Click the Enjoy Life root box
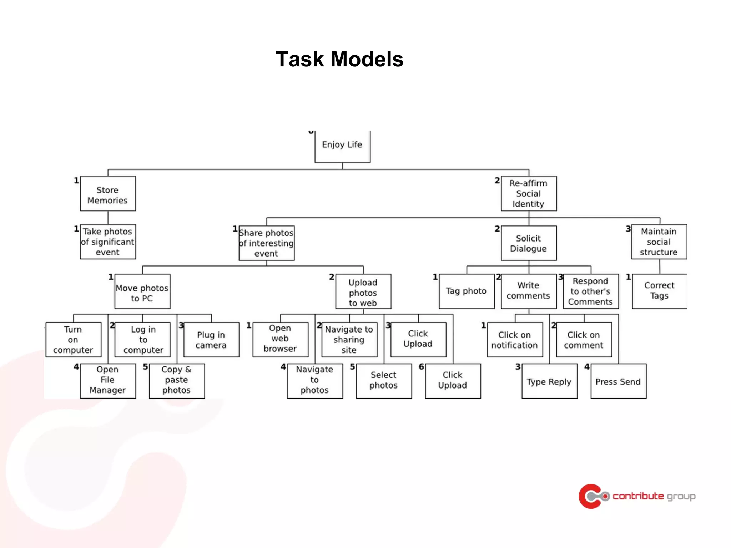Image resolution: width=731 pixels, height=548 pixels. coord(342,146)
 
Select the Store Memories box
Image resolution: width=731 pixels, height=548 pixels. coord(108,194)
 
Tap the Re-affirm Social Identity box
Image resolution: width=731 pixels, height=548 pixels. coord(529,194)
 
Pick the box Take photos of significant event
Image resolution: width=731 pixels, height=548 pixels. coord(108,242)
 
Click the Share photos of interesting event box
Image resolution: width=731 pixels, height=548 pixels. coord(266,243)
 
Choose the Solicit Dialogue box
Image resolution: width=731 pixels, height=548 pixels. coord(529,243)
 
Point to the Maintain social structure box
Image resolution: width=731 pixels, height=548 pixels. coord(659,242)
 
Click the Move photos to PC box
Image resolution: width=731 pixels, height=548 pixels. coord(142,291)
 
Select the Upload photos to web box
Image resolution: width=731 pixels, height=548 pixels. coord(363,291)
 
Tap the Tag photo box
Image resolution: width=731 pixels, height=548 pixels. coord(467,291)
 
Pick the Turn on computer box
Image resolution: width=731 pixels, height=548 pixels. coord(73,340)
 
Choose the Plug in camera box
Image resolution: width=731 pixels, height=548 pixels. coord(211,340)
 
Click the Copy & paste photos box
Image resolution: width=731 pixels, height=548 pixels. coord(177,381)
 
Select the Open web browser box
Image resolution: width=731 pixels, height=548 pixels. coord(280,340)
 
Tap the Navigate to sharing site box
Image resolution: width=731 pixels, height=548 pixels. coord(349,340)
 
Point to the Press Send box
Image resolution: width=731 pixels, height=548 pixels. coord(618,381)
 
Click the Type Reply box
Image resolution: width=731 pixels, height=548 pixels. coord(549,381)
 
